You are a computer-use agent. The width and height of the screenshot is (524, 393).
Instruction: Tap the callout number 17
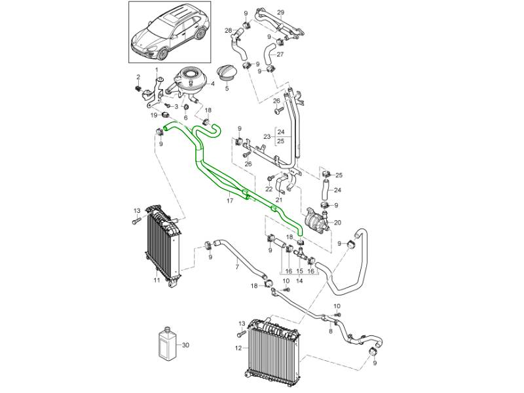click(230, 201)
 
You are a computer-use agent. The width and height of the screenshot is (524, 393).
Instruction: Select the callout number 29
click(280, 13)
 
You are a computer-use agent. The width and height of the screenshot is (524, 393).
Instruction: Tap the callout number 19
click(155, 115)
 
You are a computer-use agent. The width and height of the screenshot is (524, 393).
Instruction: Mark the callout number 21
click(280, 200)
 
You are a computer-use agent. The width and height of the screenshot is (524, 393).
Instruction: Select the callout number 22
click(269, 189)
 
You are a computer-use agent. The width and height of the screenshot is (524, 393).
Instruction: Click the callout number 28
click(229, 31)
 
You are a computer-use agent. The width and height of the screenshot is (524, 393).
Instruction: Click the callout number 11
click(157, 280)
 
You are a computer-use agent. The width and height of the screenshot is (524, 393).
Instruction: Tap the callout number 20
click(337, 223)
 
